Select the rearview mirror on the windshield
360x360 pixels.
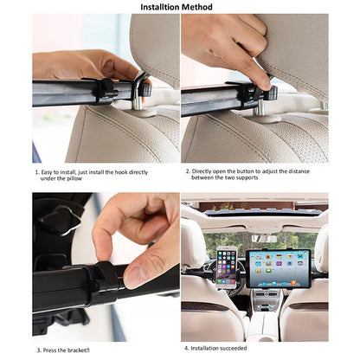coord(264,238)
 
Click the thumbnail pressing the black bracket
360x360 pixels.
coord(134,275)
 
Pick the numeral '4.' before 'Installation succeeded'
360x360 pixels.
coord(187,350)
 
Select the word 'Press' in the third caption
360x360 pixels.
coord(51,350)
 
